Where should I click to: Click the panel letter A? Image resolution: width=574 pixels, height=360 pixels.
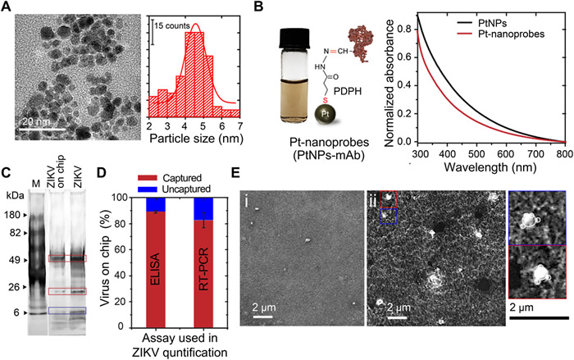(x=7, y=7)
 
